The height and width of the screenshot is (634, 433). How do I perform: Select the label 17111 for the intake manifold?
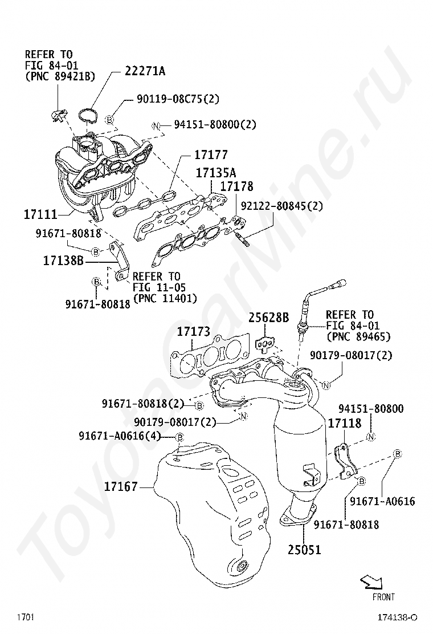[40, 215]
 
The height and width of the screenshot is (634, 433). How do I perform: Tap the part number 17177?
[211, 155]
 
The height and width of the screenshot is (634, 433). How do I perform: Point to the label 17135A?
[216, 172]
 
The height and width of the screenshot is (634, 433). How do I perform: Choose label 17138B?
[63, 261]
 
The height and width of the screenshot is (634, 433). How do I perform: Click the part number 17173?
[193, 331]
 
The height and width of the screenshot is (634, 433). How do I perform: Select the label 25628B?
[268, 318]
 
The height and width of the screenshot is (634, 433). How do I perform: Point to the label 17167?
[121, 487]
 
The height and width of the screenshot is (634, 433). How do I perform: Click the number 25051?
[304, 550]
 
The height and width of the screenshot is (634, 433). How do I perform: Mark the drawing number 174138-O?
[397, 617]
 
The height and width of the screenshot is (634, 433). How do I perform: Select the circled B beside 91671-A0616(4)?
[179, 437]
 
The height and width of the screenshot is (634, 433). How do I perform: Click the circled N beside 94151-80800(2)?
[156, 125]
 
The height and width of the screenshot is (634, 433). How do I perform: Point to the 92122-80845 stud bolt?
[239, 235]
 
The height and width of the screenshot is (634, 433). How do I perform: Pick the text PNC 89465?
[358, 336]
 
